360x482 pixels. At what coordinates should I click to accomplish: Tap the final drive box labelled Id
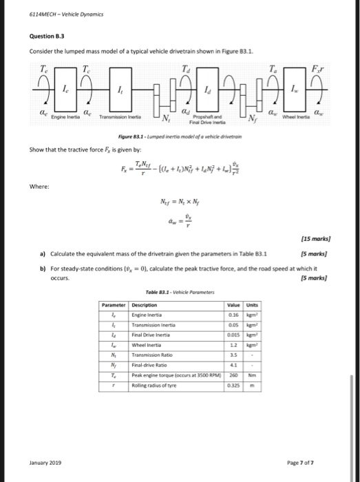[x=208, y=91]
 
